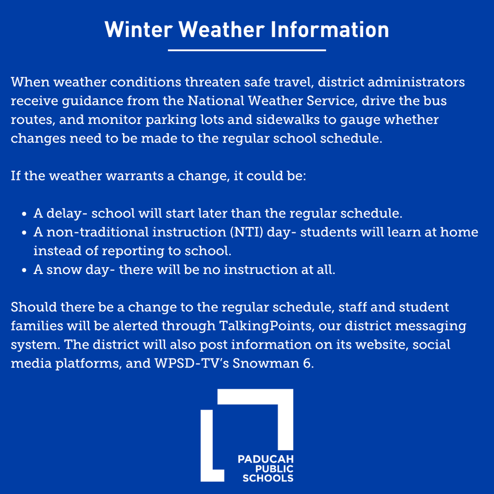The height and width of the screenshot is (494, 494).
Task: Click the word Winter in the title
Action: [x=138, y=29]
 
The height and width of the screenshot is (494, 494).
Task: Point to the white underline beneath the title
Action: [x=247, y=50]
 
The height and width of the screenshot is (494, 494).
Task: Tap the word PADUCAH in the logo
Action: [x=265, y=459]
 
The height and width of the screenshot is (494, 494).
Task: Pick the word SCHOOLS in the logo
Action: [x=268, y=479]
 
